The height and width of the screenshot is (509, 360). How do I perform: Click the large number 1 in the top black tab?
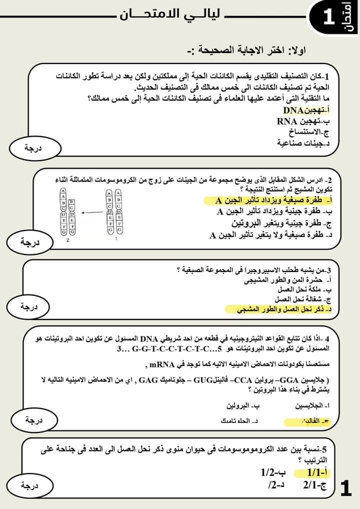[x=328, y=18]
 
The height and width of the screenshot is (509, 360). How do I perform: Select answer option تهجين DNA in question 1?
[x=305, y=110]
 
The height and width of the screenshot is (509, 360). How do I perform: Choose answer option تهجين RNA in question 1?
[x=302, y=121]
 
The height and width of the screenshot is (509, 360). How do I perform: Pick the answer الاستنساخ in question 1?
[x=309, y=132]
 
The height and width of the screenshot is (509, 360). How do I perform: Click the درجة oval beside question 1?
[x=35, y=147]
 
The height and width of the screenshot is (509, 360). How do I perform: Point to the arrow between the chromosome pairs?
[x=90, y=212]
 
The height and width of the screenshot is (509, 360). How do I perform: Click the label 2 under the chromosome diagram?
[x=67, y=240]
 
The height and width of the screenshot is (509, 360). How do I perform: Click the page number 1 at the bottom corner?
[x=346, y=488]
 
